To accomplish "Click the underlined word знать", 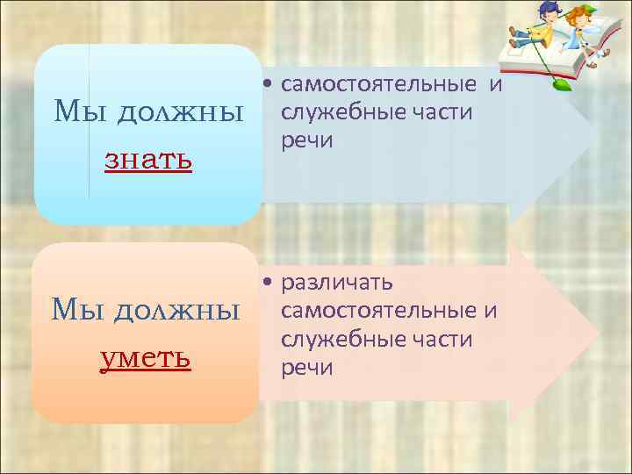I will point(148,161).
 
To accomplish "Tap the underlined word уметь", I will point(146,358).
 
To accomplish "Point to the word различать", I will point(337,283).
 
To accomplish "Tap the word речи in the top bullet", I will point(307,140).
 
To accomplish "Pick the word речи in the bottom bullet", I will point(307,367).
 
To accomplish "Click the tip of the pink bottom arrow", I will point(599,334).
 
